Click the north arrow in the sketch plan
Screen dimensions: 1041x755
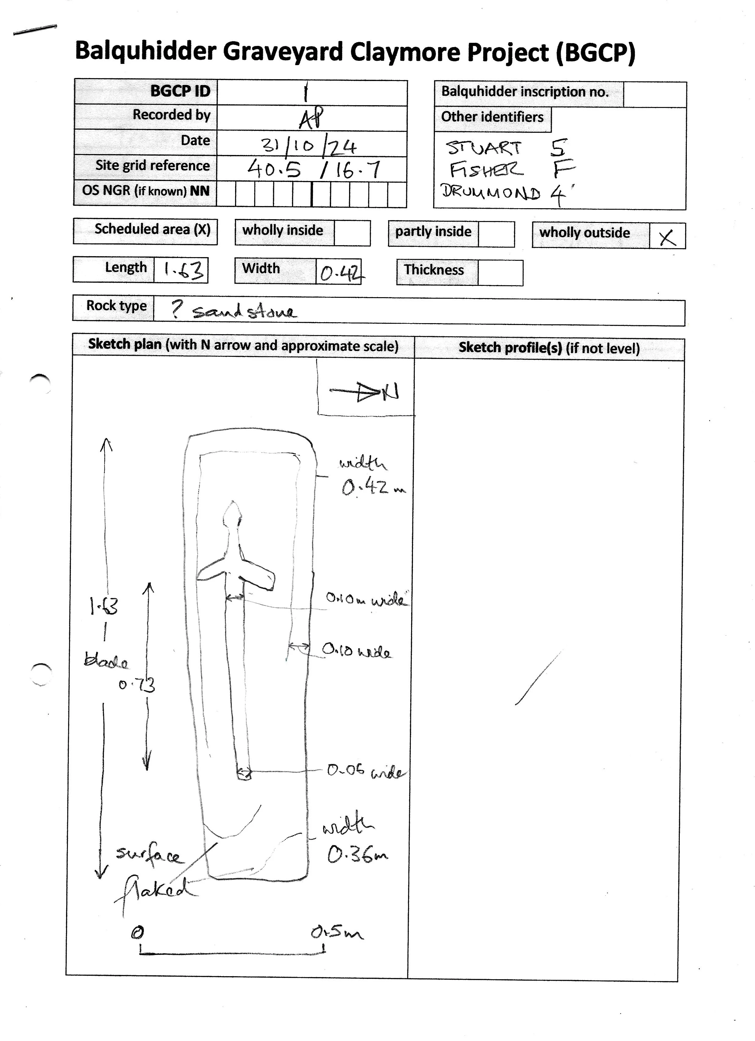point(365,392)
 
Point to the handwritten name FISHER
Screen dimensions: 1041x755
point(486,170)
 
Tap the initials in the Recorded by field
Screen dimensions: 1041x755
point(311,118)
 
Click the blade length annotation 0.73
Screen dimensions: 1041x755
point(137,685)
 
